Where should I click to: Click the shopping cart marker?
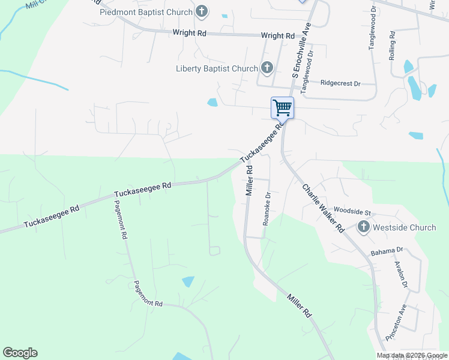282,108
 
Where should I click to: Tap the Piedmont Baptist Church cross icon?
202,12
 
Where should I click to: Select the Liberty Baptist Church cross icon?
267,68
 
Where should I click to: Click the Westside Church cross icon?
363,227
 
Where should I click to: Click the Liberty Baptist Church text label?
217,68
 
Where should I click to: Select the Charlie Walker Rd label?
322,208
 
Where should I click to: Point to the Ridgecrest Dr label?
340,83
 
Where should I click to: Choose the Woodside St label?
353,212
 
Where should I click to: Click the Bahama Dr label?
387,250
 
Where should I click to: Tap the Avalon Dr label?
401,275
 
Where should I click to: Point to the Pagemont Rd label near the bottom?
148,295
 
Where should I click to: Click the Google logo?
20,353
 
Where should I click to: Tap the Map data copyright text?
412,355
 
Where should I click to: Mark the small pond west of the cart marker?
212,102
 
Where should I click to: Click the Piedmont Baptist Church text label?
146,12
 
